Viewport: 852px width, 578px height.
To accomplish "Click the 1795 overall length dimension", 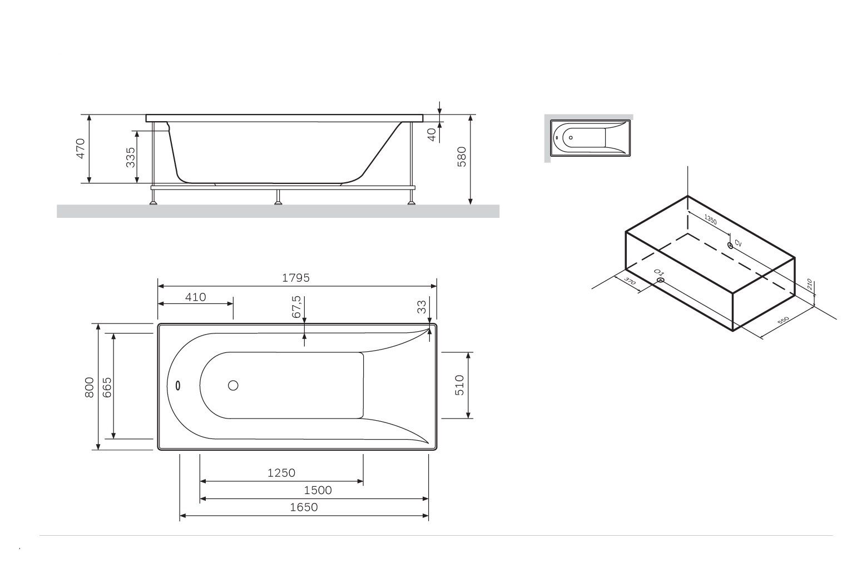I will [x=295, y=278].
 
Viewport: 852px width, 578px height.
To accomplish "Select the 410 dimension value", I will [x=195, y=297].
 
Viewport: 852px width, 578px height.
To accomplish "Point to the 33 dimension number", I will [x=422, y=307].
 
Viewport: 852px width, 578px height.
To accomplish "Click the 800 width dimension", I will [x=89, y=387].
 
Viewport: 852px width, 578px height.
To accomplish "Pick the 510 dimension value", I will [x=459, y=385].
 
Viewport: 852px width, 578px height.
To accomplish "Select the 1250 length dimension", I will [x=281, y=473].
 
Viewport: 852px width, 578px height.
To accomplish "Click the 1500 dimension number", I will [x=318, y=490].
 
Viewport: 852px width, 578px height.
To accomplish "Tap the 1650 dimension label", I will [x=304, y=507].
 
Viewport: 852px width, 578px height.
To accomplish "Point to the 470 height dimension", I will [x=80, y=149].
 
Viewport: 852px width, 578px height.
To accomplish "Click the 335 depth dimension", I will [x=130, y=157].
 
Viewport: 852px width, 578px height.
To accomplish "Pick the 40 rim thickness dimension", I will [x=432, y=134].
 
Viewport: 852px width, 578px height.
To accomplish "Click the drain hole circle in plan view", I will [x=233, y=385].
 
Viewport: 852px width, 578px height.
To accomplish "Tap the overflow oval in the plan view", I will [x=177, y=385].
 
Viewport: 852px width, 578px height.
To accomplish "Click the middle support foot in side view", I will [x=277, y=197].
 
